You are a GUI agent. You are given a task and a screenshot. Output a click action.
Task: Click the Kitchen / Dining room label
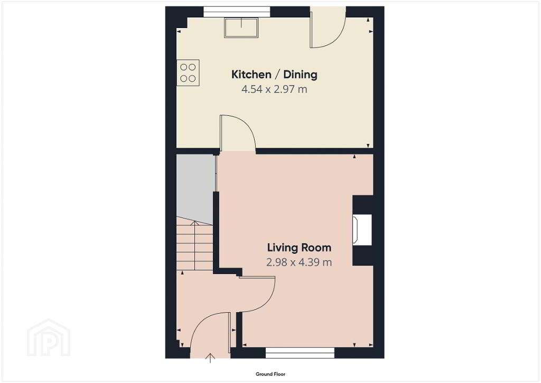click(x=274, y=75)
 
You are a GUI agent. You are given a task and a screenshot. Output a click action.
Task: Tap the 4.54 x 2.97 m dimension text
click(x=274, y=89)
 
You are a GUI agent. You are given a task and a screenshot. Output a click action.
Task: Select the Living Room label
click(x=299, y=248)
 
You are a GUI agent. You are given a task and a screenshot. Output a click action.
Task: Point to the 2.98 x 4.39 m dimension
click(x=299, y=262)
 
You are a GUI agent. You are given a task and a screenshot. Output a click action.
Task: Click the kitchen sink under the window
click(x=241, y=28)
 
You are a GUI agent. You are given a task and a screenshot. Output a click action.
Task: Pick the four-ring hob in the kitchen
click(x=188, y=73)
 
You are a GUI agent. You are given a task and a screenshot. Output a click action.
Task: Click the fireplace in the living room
click(x=362, y=230)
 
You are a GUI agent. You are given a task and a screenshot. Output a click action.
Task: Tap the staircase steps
click(x=194, y=245)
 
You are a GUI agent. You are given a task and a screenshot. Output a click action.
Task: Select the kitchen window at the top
click(x=237, y=12)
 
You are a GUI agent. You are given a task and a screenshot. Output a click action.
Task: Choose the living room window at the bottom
click(x=300, y=353)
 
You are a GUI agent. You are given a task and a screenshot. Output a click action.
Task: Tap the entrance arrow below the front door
click(x=210, y=358)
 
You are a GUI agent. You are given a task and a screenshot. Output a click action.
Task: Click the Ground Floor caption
click(x=270, y=374)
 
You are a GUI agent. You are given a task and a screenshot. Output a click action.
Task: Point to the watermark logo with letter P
click(x=49, y=338)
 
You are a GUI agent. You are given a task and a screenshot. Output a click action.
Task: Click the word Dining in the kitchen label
click(x=300, y=75)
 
